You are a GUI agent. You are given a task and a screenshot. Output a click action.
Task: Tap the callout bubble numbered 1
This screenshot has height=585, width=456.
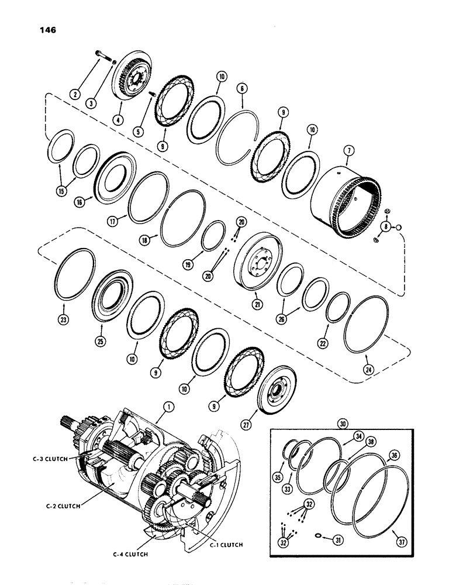tap(160, 419)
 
